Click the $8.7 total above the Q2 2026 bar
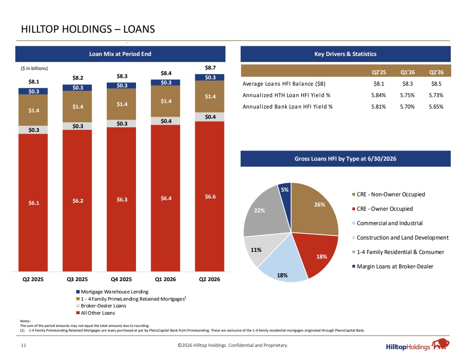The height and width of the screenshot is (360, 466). pos(210,67)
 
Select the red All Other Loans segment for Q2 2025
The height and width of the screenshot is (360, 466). pos(33,202)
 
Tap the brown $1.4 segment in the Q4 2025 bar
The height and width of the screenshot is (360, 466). pos(121,104)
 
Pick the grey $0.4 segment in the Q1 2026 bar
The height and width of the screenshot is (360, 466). pos(166,121)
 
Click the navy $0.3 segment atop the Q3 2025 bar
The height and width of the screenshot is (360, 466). pos(77,87)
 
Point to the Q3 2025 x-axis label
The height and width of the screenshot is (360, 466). pos(77,279)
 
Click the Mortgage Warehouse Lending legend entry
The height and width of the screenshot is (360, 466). pos(112,292)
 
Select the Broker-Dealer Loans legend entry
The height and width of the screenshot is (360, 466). pos(101,306)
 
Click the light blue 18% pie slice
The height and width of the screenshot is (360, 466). pos(282,262)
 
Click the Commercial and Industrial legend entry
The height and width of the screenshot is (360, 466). pos(387,223)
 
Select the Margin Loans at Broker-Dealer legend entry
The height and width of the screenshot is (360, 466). pos(393,266)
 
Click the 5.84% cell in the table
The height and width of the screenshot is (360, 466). pos(378,95)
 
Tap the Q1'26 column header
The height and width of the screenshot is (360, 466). pos(408,72)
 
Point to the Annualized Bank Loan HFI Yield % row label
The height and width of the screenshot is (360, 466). pos(287,106)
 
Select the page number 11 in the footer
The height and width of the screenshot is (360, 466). pos(23,345)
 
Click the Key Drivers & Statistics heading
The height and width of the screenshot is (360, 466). pos(345,54)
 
